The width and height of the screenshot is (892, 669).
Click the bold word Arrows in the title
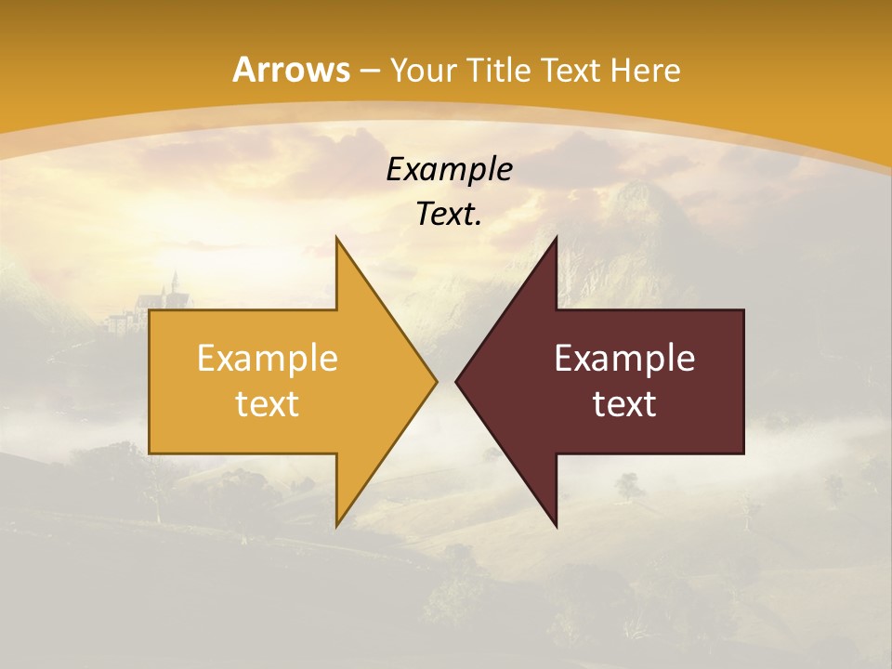coord(292,70)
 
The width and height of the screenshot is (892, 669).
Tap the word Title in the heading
coord(498,70)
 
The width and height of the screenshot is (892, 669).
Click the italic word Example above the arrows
coord(450,169)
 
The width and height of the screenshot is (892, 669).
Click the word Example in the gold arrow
coord(268,358)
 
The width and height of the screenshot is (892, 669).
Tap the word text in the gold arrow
coord(268,403)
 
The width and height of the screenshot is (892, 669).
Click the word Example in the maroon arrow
coord(624,358)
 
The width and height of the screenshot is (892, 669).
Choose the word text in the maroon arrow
coord(624,403)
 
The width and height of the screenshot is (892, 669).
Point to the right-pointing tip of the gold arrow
coord(436,381)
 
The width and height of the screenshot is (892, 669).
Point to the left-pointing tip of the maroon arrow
coord(456,381)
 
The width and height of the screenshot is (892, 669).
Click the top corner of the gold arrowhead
coord(336,238)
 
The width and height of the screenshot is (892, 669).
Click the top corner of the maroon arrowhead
coord(557,238)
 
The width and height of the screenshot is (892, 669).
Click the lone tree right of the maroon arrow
coord(629,485)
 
